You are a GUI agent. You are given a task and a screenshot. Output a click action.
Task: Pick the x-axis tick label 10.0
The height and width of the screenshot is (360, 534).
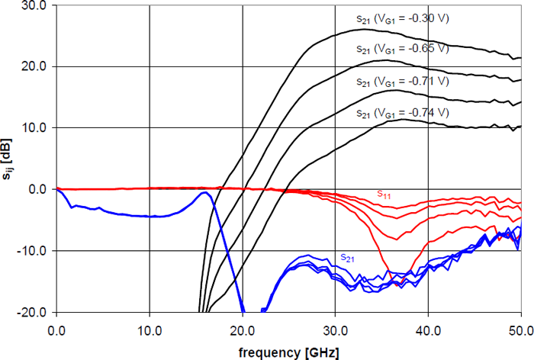tap(149, 331)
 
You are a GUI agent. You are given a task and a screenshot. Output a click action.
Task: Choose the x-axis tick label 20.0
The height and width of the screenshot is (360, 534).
tap(242, 331)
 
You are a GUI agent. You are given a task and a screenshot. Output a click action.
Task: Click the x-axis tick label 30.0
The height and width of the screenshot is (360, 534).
tap(335, 331)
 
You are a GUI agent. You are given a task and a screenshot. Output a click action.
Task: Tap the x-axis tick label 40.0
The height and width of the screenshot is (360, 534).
tap(428, 331)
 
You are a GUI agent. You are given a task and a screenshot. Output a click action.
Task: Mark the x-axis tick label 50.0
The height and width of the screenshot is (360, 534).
tap(520, 331)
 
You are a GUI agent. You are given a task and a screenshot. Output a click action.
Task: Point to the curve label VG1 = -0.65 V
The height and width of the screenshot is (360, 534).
tap(402, 49)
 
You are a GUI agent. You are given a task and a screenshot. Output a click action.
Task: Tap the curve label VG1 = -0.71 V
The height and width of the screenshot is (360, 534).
tap(402, 81)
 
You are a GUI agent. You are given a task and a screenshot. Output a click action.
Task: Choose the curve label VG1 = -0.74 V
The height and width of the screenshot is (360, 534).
tap(402, 113)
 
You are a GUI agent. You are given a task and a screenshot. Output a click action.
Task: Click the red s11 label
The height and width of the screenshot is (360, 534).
tap(385, 194)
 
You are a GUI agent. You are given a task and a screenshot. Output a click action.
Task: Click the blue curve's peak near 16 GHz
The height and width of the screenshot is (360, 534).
tap(204, 193)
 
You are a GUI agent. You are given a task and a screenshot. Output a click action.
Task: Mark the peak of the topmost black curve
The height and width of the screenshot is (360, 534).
tap(363, 29)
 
